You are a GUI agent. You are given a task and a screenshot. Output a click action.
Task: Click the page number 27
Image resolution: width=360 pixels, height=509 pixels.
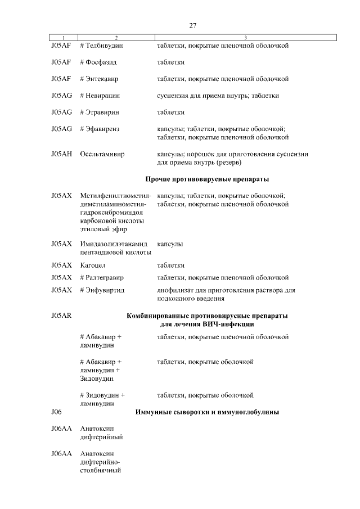coord(192,26)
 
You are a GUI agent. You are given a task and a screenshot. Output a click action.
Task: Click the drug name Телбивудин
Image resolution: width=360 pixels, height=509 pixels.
coord(104,46)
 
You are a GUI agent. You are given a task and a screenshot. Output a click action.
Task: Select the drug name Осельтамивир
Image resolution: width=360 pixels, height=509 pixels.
coord(102,154)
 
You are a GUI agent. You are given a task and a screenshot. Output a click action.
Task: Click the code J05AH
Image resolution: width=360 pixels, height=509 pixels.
coord(61,154)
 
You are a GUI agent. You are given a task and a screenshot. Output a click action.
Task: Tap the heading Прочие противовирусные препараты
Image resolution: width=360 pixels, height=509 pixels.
coord(207,179)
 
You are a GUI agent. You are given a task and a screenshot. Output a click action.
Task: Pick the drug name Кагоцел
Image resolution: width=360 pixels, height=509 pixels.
coord(93,265)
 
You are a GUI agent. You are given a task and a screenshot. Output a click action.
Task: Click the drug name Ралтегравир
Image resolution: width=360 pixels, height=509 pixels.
coord(104,277)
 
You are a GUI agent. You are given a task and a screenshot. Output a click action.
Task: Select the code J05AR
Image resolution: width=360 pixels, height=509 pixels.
coord(61,316)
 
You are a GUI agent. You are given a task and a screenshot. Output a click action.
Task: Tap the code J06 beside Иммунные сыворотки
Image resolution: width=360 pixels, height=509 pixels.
coord(56,412)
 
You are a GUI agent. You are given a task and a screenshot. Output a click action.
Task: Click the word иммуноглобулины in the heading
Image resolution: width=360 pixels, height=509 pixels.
coord(244,412)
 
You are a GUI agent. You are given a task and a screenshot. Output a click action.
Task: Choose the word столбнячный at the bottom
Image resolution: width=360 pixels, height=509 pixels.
coord(101,470)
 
